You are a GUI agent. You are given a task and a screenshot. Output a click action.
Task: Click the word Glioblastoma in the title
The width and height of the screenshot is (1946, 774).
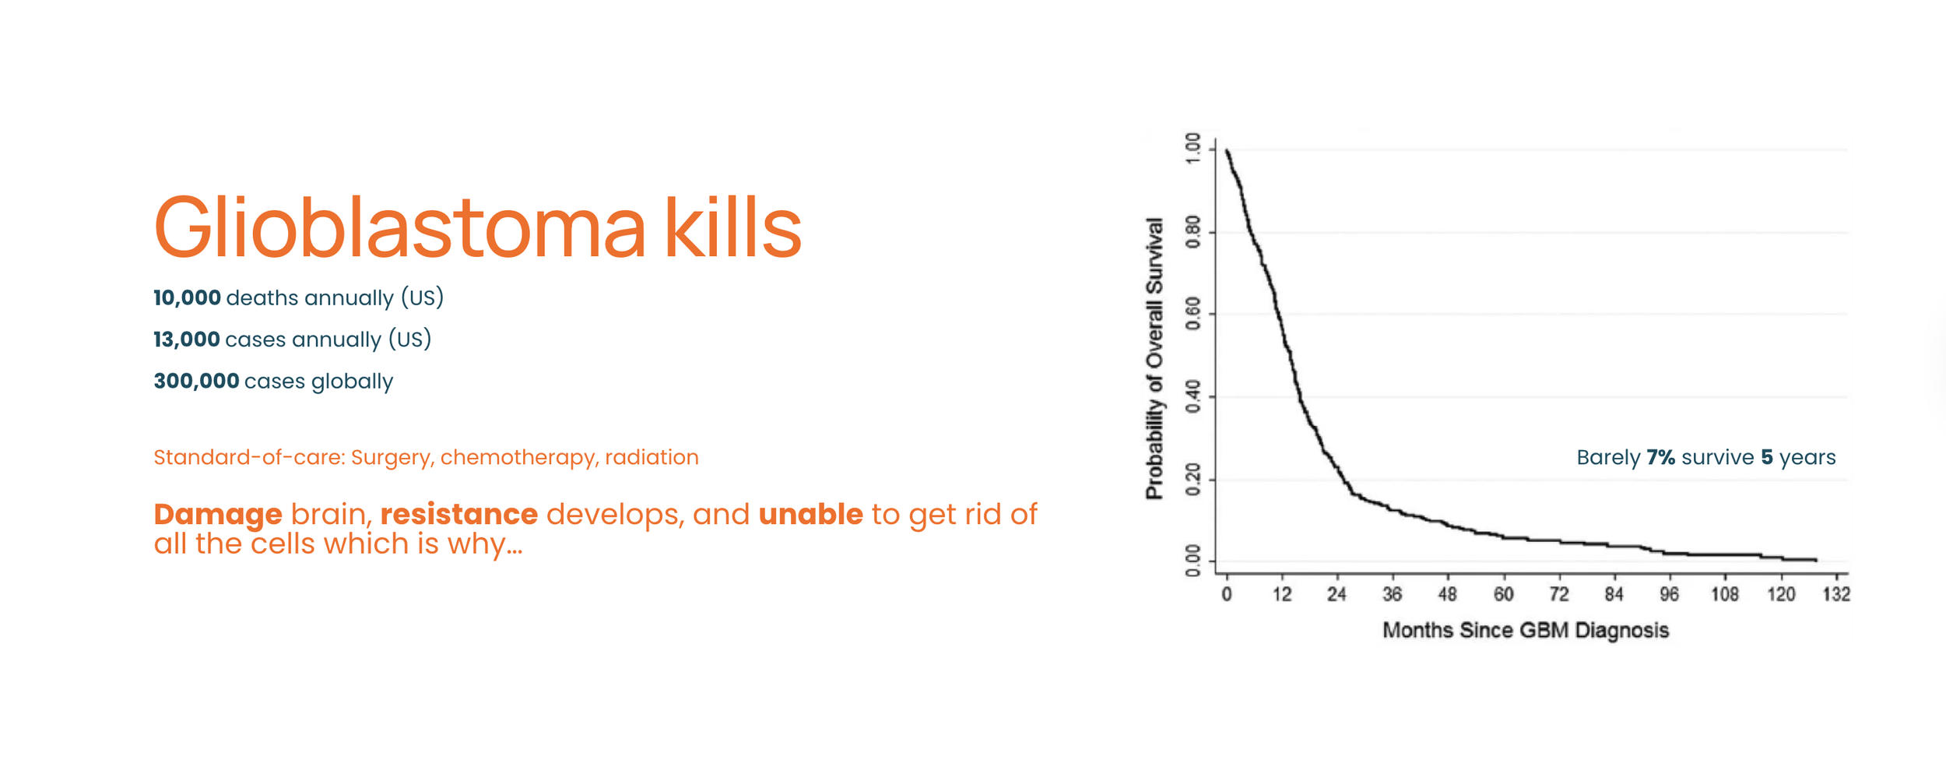click(x=400, y=227)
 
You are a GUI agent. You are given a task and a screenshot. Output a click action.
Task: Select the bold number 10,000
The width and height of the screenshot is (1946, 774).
click(x=187, y=297)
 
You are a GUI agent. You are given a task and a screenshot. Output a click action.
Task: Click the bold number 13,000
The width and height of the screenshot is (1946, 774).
click(x=187, y=340)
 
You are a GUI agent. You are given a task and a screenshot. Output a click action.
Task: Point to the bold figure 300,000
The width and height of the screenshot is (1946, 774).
click(x=196, y=382)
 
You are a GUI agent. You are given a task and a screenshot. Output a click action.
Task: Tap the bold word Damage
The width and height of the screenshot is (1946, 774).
click(x=218, y=515)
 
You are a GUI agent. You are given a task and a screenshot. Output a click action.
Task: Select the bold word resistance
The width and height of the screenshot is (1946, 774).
click(x=459, y=515)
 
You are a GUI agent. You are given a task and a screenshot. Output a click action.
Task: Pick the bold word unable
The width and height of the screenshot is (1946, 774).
click(x=811, y=515)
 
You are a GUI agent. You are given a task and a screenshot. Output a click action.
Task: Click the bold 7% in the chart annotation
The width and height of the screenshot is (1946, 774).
click(x=1660, y=457)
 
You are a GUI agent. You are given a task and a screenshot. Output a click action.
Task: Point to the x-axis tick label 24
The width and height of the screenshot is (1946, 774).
click(x=1337, y=595)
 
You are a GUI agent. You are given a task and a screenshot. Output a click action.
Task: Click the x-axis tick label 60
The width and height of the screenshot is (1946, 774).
click(x=1503, y=595)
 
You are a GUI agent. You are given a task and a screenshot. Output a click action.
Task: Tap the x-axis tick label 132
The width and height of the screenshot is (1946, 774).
click(x=1836, y=595)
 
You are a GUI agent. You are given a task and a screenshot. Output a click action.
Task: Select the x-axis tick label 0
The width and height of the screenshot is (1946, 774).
click(x=1227, y=595)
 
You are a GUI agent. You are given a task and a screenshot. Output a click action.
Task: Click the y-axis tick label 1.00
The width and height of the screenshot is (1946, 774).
click(x=1192, y=149)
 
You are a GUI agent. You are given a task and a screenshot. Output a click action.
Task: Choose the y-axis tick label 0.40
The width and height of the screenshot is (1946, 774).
click(x=1192, y=397)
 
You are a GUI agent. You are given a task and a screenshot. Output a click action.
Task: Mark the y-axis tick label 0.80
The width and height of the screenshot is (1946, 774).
click(x=1192, y=232)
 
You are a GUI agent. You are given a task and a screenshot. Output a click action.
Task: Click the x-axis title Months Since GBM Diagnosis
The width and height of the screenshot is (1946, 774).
click(x=1526, y=631)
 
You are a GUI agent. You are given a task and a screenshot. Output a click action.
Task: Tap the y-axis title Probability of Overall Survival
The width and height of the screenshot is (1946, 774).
click(x=1154, y=358)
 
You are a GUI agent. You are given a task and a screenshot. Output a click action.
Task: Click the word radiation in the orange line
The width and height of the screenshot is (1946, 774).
click(x=652, y=457)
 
